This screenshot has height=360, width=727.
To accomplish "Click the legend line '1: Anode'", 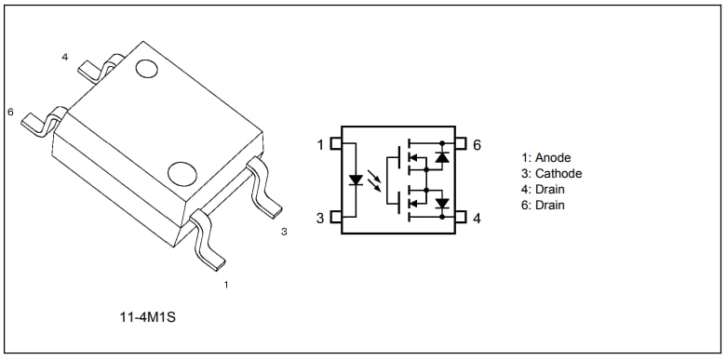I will point(547,158).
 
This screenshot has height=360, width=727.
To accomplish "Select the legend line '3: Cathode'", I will point(552,174).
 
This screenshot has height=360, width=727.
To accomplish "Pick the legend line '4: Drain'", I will point(545,190).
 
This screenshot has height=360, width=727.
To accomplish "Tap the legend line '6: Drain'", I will point(545,206).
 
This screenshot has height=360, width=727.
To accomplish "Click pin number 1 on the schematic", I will point(320,145).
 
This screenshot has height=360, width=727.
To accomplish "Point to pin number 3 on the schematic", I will point(320,218).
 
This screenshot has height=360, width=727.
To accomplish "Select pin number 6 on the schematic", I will point(477,145).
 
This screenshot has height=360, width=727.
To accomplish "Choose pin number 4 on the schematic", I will point(477,218).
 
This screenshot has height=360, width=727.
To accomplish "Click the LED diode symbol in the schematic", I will point(356,180).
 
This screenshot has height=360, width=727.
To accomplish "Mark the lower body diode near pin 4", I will point(442,203).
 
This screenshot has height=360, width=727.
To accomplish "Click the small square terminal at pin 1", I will point(337,145).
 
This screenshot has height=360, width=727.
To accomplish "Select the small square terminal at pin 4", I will point(460,218).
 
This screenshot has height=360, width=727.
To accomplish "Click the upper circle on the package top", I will point(146,69).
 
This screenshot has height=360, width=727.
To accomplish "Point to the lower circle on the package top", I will point(181,172).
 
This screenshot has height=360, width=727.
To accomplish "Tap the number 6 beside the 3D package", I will point(10,112).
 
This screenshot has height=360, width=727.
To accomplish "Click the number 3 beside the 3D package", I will point(284,232).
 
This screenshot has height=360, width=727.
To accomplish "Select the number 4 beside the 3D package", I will point(65,58).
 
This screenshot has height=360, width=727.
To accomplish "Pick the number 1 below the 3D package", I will point(225,285).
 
